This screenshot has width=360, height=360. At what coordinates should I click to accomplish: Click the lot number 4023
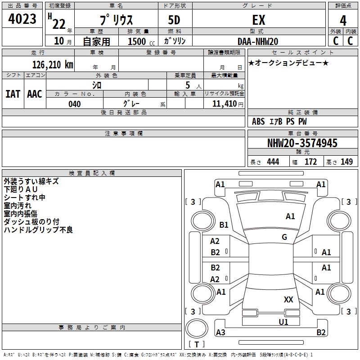22,19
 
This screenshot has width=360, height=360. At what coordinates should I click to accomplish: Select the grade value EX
259,20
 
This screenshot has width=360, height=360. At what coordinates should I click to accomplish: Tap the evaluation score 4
343,20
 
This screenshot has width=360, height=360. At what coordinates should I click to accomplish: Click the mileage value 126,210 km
52,65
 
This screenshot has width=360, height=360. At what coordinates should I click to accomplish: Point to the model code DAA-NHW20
258,41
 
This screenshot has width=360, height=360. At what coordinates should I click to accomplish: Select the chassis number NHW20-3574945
302,143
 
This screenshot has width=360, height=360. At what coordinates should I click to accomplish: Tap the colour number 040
74,104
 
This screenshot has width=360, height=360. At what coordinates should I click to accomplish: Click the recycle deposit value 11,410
224,104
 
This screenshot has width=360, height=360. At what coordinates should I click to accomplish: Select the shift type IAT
13,94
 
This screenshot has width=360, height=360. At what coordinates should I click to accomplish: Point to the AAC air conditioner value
35,94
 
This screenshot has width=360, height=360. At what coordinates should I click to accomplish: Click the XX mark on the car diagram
288,300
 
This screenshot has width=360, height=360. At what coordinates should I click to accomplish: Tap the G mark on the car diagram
284,237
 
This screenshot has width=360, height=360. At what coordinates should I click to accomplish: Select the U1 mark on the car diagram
283,322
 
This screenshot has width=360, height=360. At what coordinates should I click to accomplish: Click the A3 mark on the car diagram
220,333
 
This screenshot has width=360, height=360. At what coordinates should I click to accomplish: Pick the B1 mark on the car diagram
224,225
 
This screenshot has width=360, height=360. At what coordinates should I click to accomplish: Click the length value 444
273,162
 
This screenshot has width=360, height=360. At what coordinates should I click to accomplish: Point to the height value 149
346,162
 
